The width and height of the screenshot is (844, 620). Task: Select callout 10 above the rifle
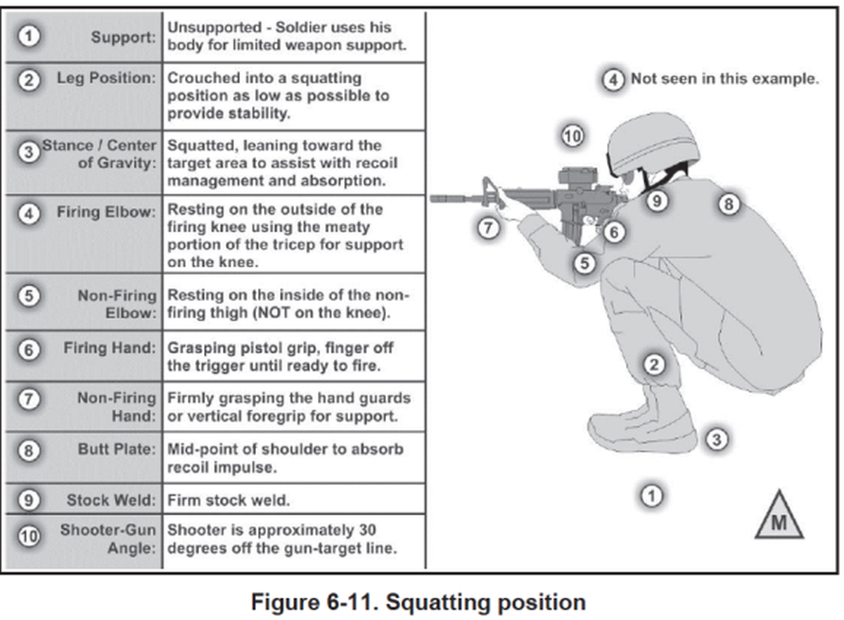[573, 136]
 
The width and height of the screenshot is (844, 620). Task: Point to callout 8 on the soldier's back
[729, 205]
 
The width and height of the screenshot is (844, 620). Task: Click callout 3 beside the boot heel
[716, 439]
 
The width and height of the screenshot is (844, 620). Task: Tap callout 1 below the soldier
[651, 496]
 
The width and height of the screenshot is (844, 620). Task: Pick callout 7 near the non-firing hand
[488, 228]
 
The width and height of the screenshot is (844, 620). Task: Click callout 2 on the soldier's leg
[653, 364]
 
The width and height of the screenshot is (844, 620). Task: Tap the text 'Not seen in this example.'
[725, 79]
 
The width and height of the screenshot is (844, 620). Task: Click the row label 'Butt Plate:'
[117, 449]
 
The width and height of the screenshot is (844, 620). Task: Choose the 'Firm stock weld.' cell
[229, 500]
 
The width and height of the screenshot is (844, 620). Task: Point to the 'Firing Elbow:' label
[106, 212]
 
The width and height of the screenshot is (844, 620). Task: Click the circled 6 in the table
[29, 349]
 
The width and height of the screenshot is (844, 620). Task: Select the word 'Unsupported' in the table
[215, 27]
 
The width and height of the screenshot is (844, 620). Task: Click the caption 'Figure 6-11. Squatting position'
[418, 602]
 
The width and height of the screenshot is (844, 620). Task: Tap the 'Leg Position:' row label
[106, 78]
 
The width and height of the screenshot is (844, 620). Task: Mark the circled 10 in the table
[29, 536]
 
